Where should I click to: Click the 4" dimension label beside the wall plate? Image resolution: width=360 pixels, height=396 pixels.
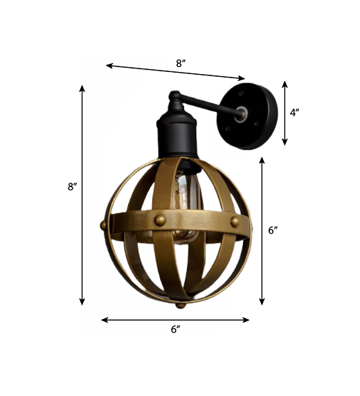[x=294, y=112]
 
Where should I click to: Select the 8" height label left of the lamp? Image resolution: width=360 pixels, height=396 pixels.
[x=72, y=187]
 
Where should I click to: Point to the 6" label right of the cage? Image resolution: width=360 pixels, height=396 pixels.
[x=273, y=231]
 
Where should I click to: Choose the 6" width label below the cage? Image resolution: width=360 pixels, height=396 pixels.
[x=175, y=330]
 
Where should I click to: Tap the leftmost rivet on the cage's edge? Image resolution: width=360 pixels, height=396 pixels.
[x=104, y=224]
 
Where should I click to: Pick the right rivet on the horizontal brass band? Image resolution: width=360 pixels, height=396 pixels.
[x=235, y=222]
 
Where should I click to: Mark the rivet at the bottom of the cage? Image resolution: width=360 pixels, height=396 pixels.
[x=181, y=304]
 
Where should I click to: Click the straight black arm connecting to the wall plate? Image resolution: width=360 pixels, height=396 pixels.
[x=211, y=105]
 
